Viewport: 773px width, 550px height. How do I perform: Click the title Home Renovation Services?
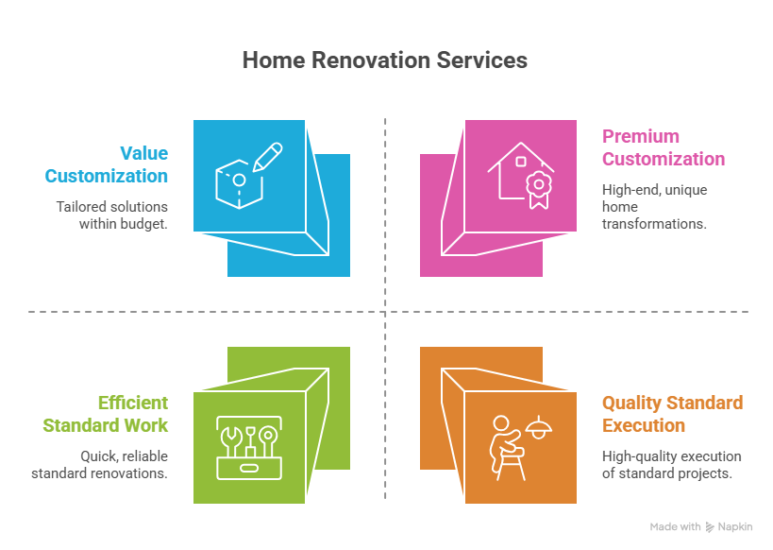point(385,60)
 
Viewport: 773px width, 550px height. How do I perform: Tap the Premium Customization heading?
point(664,147)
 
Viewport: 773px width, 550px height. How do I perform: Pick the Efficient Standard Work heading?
point(106,414)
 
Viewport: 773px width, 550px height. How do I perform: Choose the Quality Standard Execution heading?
point(672,414)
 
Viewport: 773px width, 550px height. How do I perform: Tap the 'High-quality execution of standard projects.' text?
point(671,464)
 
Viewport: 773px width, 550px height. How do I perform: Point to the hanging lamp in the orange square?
point(539,428)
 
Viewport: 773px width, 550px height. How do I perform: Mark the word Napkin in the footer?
point(735,526)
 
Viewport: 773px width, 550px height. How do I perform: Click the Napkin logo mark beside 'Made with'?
point(710,527)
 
